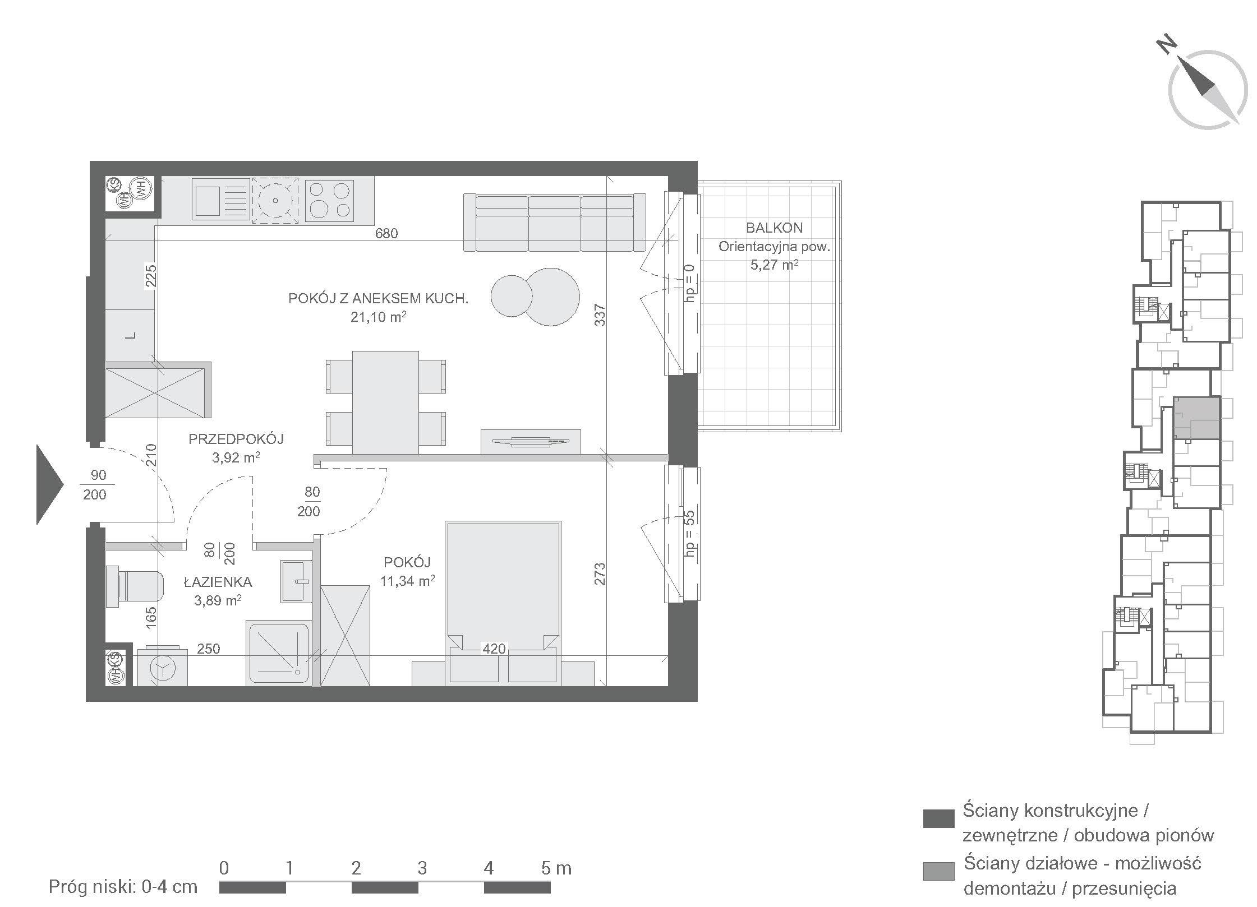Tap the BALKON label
click(774, 228)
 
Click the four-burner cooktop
click(329, 200)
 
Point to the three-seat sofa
click(554, 223)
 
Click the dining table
click(385, 402)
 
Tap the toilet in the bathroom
click(135, 586)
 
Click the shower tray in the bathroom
click(278, 653)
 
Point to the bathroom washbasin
click(296, 581)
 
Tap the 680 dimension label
click(386, 233)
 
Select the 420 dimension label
click(494, 649)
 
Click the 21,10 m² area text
click(378, 317)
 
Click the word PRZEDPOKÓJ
click(236, 439)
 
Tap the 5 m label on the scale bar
click(556, 868)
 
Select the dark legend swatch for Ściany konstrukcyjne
click(938, 818)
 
